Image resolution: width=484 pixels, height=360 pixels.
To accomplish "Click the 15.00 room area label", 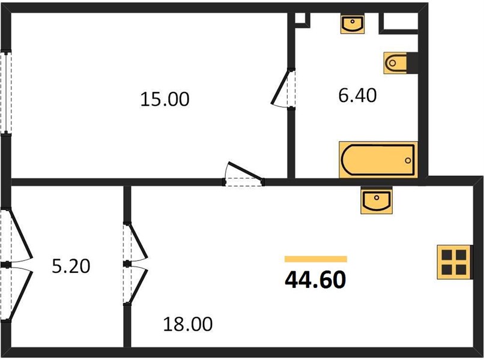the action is pos(165,100).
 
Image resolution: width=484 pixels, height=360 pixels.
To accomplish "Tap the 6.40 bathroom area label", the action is pos(357,95).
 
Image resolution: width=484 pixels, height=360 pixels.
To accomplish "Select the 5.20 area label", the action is pos(71,266).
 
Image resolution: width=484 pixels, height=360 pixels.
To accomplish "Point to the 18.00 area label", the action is pos(188,324).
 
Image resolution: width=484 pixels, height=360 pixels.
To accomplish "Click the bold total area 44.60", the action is pos(315,280).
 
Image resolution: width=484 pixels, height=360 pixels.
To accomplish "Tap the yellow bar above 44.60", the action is pos(316,259).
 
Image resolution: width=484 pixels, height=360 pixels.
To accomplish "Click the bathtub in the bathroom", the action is pos(378,160).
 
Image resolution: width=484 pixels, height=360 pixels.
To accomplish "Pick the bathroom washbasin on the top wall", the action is pos(352,23).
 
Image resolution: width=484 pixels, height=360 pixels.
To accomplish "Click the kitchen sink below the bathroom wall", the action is pos(377,200).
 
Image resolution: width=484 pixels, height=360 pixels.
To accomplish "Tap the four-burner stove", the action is pos(454,263).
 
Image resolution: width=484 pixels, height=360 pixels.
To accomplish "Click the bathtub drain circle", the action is pos(408,160).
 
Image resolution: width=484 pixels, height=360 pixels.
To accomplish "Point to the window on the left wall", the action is pos(6,92).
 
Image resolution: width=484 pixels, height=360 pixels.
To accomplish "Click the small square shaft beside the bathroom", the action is pos(301,19).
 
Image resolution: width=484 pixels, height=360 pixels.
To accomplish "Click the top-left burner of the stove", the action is pos(447,255).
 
